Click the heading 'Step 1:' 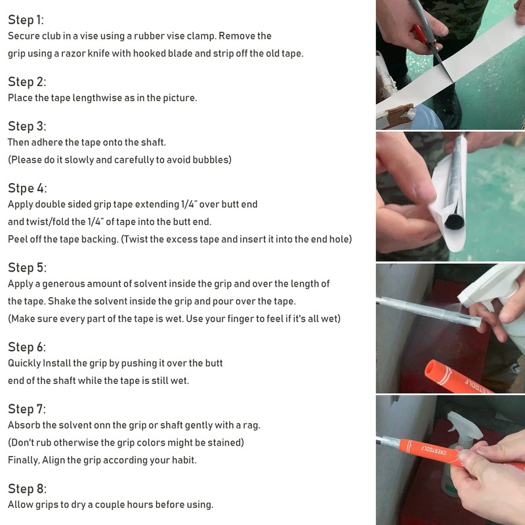point(26,20)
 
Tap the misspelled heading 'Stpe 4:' point(27,188)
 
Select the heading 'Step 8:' point(27,489)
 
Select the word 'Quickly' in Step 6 point(24,364)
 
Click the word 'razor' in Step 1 point(73,54)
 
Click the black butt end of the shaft point(454,222)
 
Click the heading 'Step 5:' point(27,268)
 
